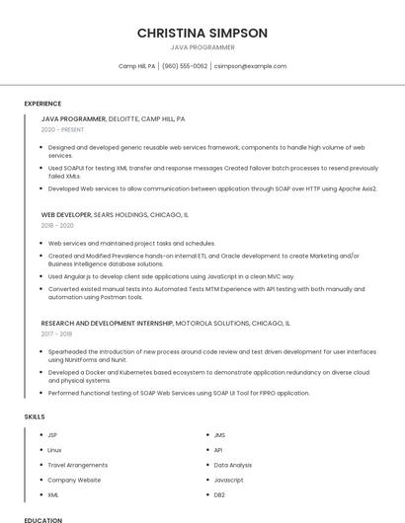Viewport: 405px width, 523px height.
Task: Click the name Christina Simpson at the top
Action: click(202, 33)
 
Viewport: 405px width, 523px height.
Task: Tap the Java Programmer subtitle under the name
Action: click(202, 47)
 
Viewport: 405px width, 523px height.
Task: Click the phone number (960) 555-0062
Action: click(185, 66)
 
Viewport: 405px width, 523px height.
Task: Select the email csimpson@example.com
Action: click(250, 66)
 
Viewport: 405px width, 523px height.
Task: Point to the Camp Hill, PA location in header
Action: click(137, 66)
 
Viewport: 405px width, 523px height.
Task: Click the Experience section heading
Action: click(42, 103)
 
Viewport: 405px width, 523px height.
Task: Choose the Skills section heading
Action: click(35, 416)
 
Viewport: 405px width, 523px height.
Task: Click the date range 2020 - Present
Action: click(62, 129)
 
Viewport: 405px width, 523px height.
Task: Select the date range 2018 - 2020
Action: click(57, 225)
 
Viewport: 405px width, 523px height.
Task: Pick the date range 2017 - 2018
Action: click(57, 334)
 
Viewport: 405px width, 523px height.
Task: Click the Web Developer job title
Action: click(66, 214)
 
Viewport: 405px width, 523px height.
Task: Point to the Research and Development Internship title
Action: click(106, 323)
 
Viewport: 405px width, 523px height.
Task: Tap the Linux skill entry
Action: click(54, 450)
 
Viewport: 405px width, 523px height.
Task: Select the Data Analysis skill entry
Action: click(233, 465)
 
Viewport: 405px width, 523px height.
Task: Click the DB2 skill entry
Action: click(219, 494)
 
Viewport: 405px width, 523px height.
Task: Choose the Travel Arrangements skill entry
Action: click(77, 465)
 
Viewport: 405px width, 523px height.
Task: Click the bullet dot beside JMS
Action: click(205, 435)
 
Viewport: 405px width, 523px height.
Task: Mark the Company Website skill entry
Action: click(74, 480)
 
